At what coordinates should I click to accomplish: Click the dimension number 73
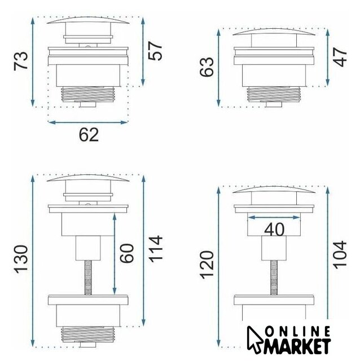coord(21,61)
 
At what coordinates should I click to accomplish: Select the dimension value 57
coord(155,51)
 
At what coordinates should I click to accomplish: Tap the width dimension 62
coord(89,135)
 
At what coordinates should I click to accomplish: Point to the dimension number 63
coord(207,67)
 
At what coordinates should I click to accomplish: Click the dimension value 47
coord(340,57)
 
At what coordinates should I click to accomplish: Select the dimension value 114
coord(156,249)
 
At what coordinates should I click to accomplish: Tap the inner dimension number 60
coord(126,253)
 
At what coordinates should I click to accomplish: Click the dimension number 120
coord(207,265)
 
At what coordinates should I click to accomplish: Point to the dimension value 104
coord(340,254)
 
